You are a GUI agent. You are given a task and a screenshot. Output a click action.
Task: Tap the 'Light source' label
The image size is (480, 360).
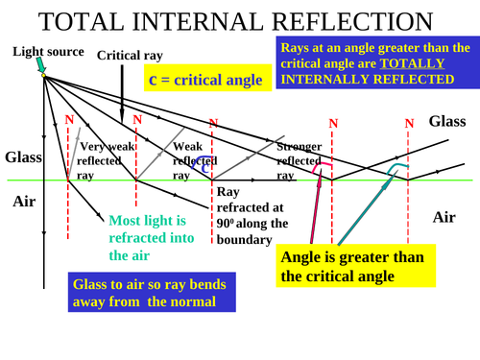coord(48,51)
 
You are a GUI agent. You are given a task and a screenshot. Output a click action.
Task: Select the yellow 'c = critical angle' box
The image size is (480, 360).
coord(204,80)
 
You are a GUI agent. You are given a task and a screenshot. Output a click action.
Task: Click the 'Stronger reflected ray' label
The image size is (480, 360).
coord(299,160)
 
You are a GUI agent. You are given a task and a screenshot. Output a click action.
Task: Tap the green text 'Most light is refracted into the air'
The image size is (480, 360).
coord(152,237)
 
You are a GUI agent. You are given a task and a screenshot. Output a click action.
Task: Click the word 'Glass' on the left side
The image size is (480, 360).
coord(23,157)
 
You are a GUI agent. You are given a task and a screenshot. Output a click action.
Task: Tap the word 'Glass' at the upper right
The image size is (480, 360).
coord(447,121)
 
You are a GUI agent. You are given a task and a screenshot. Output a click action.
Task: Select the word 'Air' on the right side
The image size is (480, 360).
coord(444,217)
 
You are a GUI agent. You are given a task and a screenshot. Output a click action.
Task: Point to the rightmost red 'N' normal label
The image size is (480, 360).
coord(409,123)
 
